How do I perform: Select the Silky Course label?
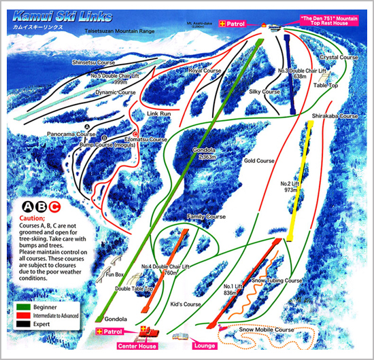coord(265,91)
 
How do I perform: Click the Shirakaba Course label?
coord(335,116)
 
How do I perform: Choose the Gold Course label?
coord(258,161)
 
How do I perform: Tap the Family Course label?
coord(206,217)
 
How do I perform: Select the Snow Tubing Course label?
coord(276,280)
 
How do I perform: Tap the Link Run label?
coord(157,113)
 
